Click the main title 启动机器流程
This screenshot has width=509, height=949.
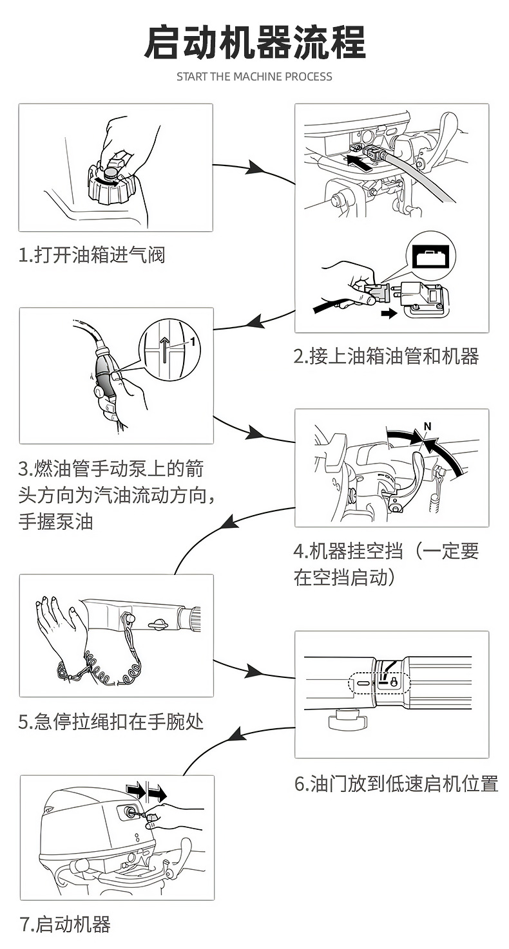click(x=254, y=42)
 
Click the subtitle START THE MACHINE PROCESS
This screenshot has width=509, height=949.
click(x=254, y=77)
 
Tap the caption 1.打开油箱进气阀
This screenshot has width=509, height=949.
click(x=91, y=256)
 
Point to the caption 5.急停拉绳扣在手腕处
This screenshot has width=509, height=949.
click(x=111, y=722)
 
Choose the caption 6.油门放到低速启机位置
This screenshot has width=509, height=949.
click(x=396, y=784)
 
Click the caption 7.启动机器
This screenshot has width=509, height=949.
click(x=65, y=925)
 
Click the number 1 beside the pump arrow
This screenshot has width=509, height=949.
click(x=192, y=341)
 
